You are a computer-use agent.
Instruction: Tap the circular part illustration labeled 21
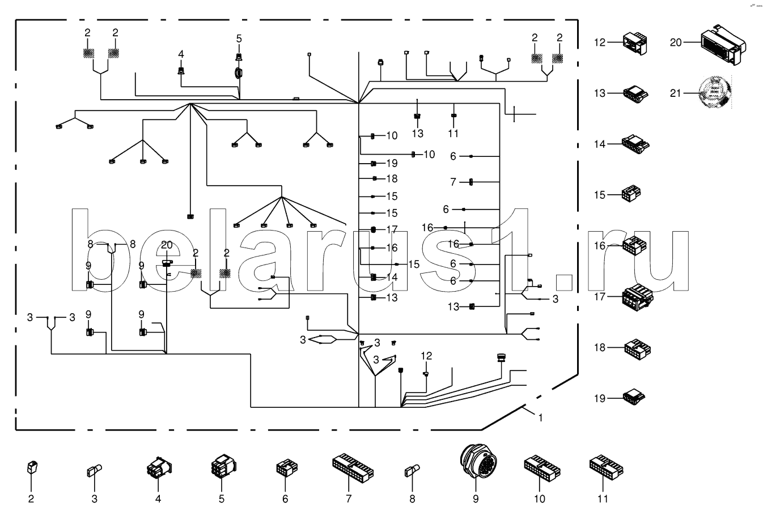point(715,92)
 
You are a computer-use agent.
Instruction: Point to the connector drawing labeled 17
point(637,296)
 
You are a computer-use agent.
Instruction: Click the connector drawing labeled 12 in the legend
point(635,42)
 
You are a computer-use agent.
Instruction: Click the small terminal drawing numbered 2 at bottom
point(32,468)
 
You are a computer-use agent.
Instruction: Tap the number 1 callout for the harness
point(541,417)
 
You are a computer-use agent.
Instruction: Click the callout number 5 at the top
point(239,39)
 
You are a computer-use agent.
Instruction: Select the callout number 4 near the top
point(181,54)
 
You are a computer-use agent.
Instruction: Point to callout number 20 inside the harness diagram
point(166,245)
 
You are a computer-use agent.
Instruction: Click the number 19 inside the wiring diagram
point(392,163)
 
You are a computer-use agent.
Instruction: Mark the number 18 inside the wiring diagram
point(392,178)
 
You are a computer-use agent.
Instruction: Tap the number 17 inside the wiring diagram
point(392,229)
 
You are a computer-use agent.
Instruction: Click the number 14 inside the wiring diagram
point(392,277)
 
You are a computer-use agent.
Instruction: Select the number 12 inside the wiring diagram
point(426,356)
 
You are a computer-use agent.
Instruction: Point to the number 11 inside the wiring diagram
point(453,134)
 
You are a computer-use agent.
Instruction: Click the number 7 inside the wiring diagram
point(453,182)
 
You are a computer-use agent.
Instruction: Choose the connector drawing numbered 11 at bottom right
point(606,466)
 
